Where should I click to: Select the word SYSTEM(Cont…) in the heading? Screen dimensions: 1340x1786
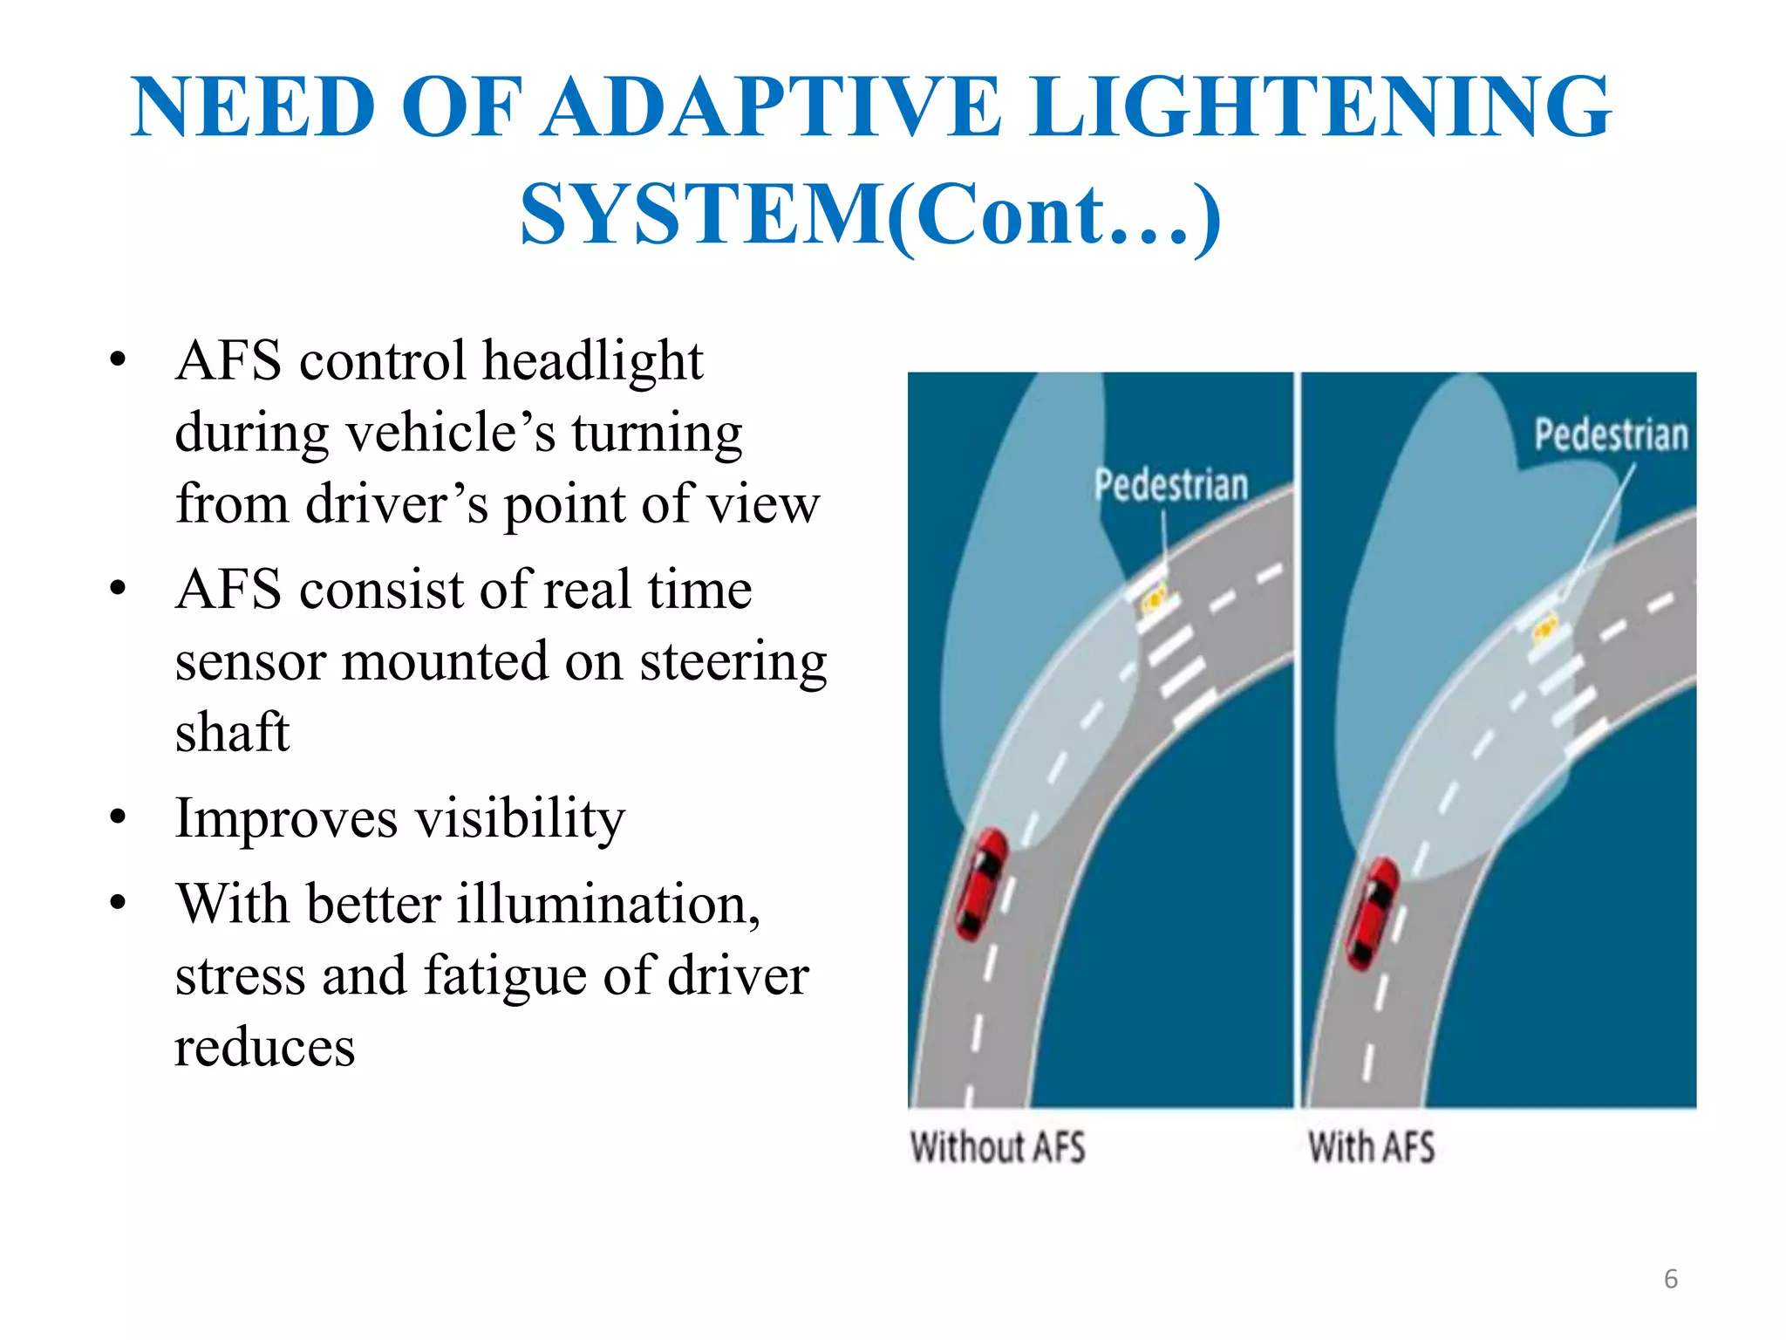(x=870, y=215)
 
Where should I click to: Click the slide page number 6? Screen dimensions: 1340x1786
(x=1670, y=1279)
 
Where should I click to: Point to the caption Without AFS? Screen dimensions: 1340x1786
(x=998, y=1147)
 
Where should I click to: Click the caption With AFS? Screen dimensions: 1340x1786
(x=1371, y=1147)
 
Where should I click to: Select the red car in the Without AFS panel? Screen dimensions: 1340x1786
(x=982, y=883)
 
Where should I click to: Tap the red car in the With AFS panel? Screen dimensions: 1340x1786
(x=1373, y=913)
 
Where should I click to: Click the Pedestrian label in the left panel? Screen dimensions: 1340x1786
(x=1171, y=485)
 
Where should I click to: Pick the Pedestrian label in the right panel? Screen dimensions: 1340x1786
(x=1611, y=434)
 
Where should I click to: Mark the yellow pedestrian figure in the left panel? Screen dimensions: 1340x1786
(x=1154, y=599)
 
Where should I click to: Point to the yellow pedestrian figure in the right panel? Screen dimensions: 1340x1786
(x=1544, y=627)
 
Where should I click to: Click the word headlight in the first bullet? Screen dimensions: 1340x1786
(x=593, y=361)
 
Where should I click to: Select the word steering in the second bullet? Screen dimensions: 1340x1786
(x=733, y=661)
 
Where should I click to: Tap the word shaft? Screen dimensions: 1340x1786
(x=232, y=731)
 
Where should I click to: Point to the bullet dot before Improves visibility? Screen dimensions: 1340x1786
(x=119, y=817)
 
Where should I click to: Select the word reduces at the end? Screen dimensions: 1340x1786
(x=265, y=1047)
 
